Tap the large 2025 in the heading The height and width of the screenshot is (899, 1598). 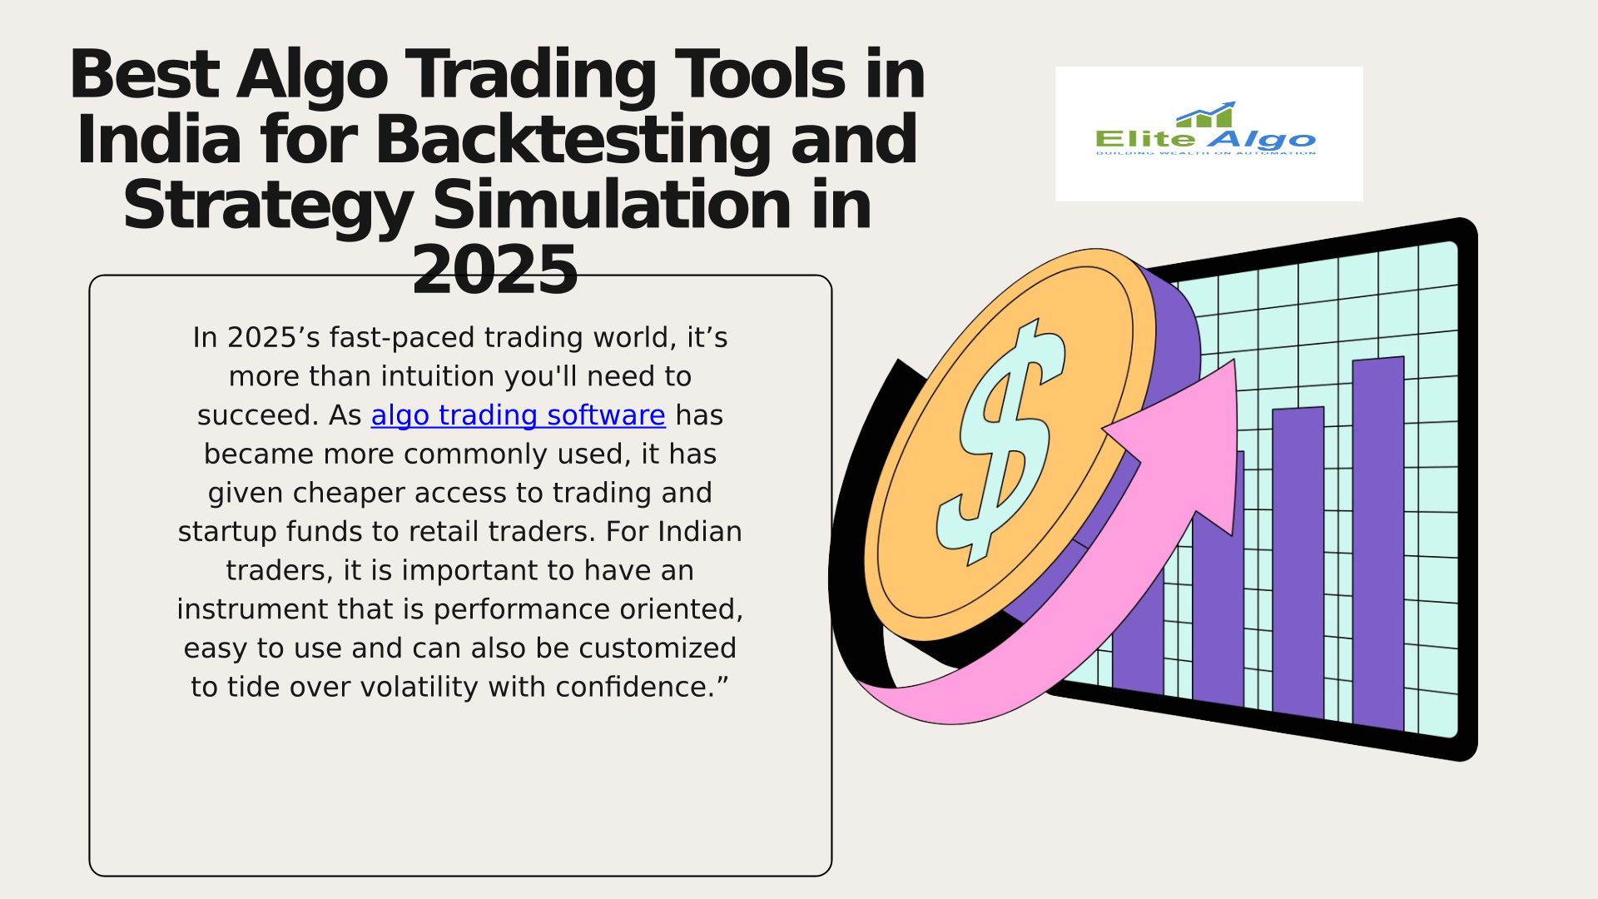[495, 271]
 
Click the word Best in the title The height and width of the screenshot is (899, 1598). [144, 75]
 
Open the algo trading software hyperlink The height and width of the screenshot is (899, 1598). [518, 415]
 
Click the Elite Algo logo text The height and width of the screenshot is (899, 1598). [1205, 140]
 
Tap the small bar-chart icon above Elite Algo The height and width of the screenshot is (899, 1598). [1206, 115]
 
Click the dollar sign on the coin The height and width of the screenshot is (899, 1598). [1001, 441]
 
